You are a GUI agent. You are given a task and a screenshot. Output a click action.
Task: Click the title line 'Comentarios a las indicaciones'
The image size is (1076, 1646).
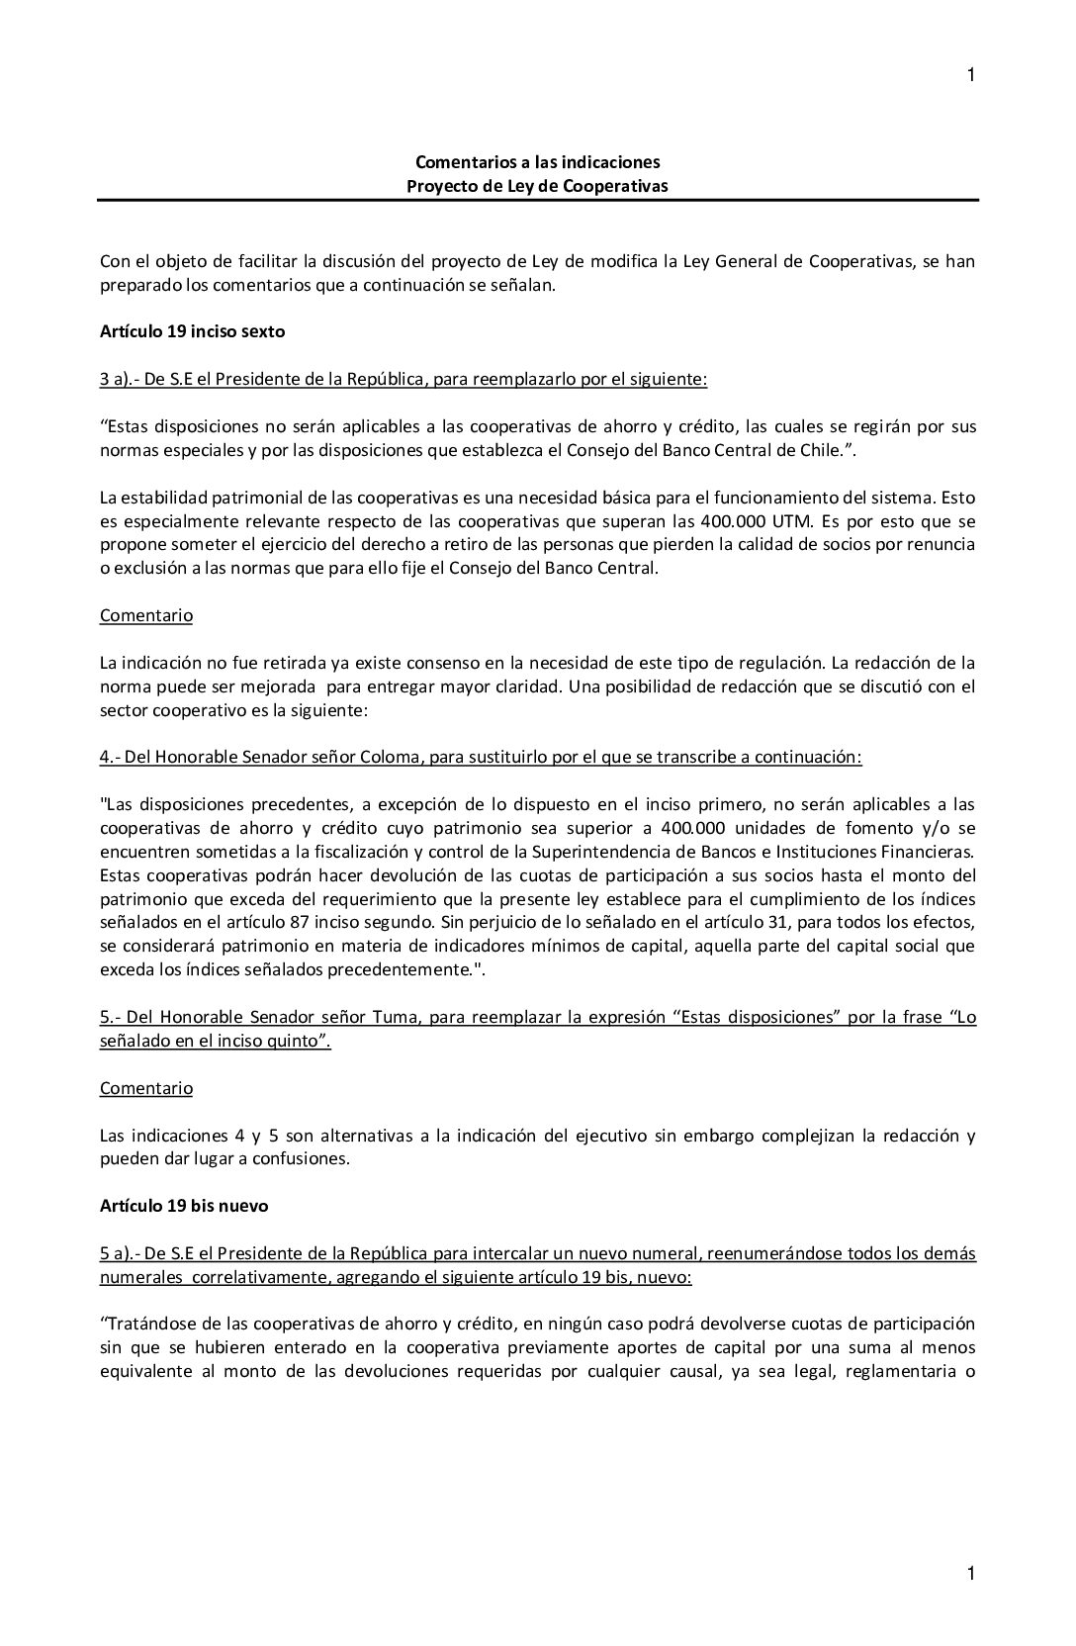pos(537,161)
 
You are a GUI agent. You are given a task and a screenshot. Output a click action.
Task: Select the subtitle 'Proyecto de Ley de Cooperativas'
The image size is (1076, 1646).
pos(537,185)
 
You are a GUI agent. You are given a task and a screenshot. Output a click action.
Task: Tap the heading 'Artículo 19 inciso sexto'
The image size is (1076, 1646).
pos(192,331)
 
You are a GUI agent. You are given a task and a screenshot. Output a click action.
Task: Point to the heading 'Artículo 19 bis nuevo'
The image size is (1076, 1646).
pos(184,1206)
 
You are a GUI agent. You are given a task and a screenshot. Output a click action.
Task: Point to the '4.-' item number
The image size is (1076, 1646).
pos(110,757)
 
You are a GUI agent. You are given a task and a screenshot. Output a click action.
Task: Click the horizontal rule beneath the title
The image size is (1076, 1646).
pos(537,201)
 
